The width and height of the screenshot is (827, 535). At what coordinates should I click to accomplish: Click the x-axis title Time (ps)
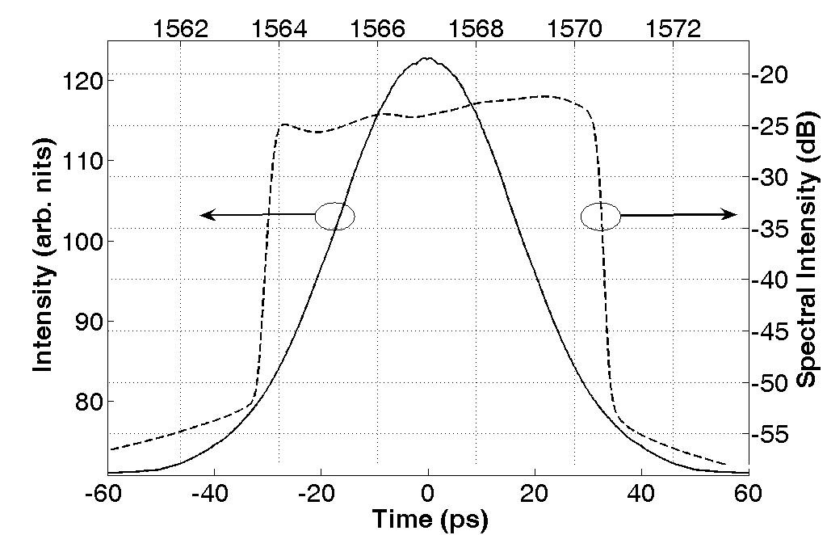point(430,519)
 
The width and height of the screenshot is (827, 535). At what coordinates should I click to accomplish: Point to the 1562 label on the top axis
point(180,29)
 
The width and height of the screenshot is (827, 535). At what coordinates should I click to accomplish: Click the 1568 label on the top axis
point(476,29)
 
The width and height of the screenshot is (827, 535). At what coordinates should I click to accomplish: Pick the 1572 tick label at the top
point(673,29)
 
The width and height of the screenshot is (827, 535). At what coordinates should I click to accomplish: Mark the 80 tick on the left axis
point(88,402)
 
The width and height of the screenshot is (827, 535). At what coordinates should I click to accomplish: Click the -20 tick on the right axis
point(770,74)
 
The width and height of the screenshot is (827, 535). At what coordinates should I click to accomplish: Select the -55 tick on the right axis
point(770,434)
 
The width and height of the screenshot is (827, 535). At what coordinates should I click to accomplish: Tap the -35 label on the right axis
point(770,229)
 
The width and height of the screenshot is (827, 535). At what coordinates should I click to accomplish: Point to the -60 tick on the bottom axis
point(107,494)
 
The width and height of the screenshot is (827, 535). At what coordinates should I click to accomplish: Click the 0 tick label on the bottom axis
point(428,494)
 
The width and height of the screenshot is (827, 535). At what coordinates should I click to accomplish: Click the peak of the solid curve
point(427,58)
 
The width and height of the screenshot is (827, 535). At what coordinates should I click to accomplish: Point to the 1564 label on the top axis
point(279,29)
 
